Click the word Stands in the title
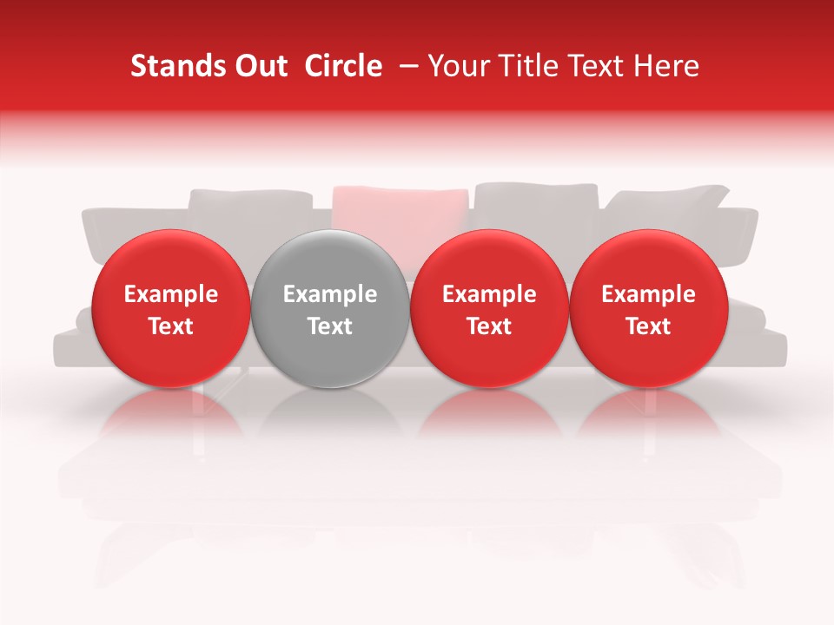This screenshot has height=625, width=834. (170, 66)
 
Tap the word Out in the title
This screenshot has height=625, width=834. (258, 66)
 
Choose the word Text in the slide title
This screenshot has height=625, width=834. (597, 66)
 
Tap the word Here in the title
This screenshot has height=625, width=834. (667, 66)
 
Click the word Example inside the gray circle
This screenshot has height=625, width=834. (330, 294)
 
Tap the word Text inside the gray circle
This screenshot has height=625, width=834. (330, 326)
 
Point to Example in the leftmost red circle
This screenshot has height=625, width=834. (170, 294)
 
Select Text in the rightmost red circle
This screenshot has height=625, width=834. (648, 326)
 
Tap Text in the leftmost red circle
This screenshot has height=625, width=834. (170, 326)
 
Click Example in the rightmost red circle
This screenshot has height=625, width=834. (648, 294)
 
